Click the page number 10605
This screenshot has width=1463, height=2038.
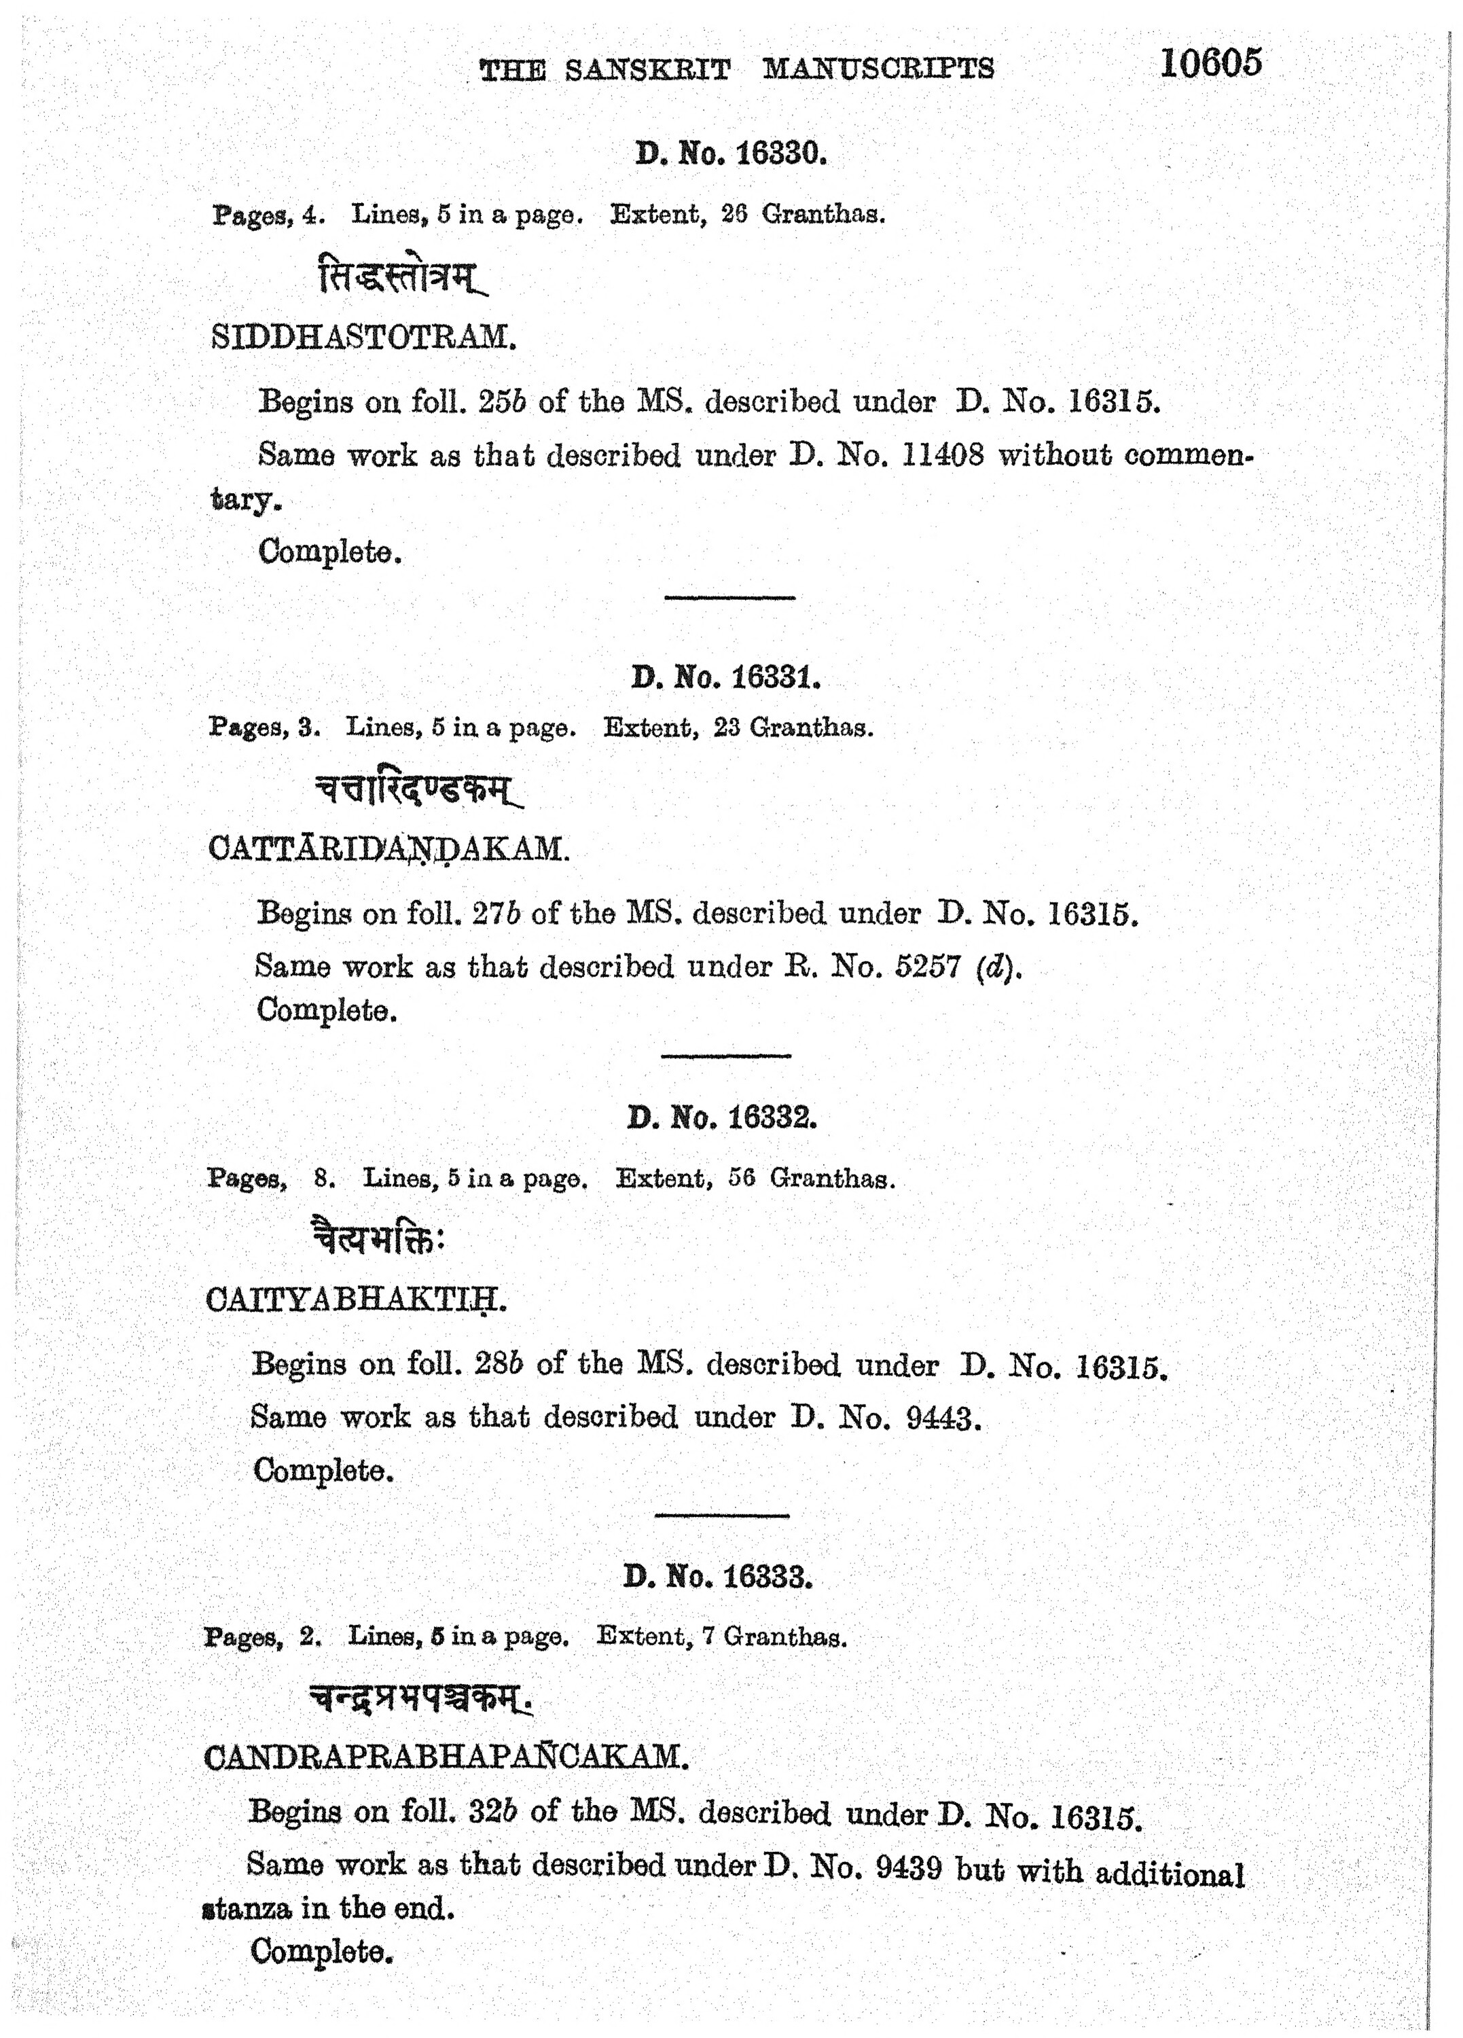click(x=1210, y=63)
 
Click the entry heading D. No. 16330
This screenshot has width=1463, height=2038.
click(x=731, y=154)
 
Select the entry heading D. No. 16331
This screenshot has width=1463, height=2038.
click(x=726, y=677)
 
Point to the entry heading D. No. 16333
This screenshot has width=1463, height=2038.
click(x=718, y=1577)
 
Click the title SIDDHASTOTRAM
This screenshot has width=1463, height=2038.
click(x=363, y=337)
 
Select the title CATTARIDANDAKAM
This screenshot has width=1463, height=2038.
click(x=389, y=849)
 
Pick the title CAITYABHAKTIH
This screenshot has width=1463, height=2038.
click(x=356, y=1300)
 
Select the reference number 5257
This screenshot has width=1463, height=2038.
click(x=928, y=967)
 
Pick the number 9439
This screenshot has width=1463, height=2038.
click(x=907, y=1867)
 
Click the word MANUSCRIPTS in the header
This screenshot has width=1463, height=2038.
click(x=878, y=69)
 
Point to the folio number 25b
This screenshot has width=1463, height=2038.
click(x=501, y=401)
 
